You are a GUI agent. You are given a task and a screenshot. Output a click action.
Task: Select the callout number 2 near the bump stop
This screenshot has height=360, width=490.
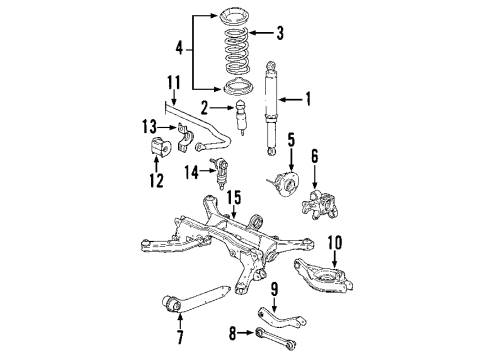(x=204, y=107)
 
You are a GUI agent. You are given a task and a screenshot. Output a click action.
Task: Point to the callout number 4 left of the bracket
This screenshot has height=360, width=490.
(x=180, y=47)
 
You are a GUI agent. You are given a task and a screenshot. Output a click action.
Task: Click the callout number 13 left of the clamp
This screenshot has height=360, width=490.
(x=148, y=125)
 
